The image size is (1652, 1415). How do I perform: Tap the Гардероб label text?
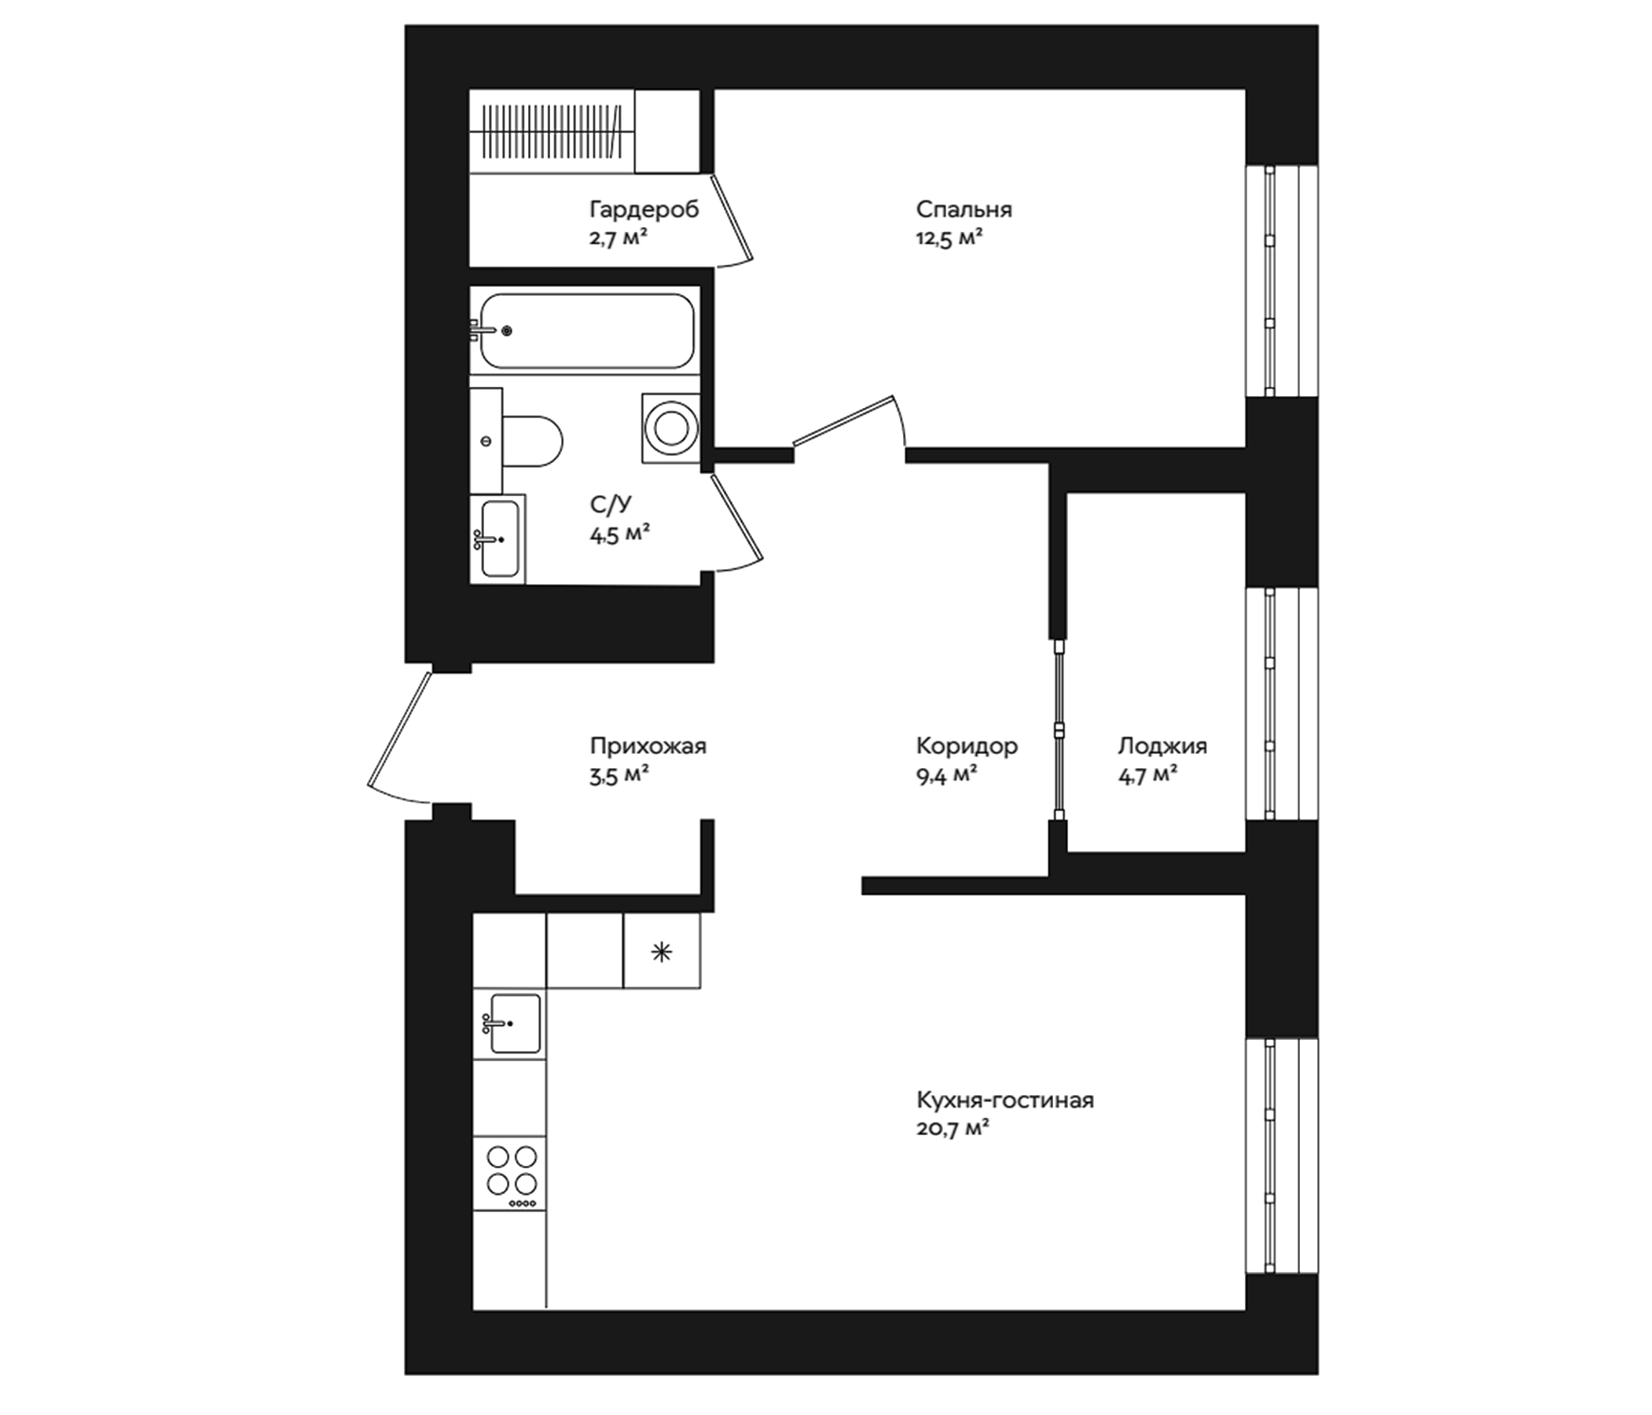[x=644, y=210]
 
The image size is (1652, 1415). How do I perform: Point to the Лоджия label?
[x=1162, y=747]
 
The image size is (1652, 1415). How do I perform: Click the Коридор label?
[x=967, y=747]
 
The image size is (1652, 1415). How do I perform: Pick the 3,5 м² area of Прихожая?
[x=618, y=775]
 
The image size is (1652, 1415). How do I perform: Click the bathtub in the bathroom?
[x=586, y=330]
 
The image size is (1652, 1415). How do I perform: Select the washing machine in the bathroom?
[x=670, y=428]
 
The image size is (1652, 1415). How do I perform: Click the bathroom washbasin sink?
[x=501, y=539]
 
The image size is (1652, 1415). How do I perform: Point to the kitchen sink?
[x=514, y=1024]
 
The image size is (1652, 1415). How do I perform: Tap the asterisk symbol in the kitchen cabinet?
[x=661, y=951]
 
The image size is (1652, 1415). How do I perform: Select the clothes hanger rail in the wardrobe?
[x=552, y=129]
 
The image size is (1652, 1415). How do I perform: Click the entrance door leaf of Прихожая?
[x=399, y=729]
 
